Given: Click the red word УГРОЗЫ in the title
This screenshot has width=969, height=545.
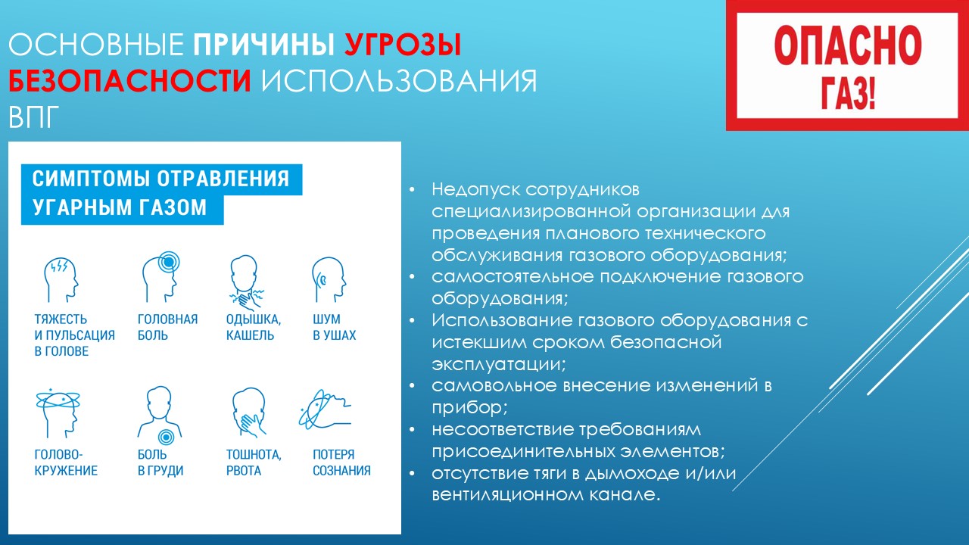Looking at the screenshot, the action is [403, 45].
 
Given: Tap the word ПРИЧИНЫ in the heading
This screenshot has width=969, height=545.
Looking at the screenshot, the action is [264, 44].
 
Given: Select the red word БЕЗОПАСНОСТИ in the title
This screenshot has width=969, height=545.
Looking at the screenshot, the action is [129, 80].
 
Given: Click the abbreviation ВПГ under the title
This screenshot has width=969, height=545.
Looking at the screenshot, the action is [33, 117].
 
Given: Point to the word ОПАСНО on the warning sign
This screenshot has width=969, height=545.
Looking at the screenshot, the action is [847, 45].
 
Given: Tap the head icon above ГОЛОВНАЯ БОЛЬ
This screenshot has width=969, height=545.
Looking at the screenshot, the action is [161, 277].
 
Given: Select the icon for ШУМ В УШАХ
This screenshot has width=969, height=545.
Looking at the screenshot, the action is [329, 280].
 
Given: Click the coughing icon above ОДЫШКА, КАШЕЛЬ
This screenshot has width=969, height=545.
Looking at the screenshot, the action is [246, 283].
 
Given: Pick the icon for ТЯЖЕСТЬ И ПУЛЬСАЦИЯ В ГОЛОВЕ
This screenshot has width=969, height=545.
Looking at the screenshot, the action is [61, 280].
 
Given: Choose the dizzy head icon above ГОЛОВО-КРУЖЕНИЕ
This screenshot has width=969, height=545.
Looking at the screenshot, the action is [58, 413].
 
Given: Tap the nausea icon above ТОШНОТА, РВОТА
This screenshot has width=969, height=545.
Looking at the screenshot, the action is [249, 413].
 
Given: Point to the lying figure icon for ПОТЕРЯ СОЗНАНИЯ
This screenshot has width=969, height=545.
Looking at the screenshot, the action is [325, 410].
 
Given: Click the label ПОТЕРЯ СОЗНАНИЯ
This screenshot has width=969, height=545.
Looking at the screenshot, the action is [341, 462].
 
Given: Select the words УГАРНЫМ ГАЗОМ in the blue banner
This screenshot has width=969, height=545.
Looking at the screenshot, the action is [120, 207].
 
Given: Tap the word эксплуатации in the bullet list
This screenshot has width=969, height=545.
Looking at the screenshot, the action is [499, 364].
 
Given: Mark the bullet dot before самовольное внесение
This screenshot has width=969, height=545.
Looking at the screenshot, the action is [412, 385].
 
